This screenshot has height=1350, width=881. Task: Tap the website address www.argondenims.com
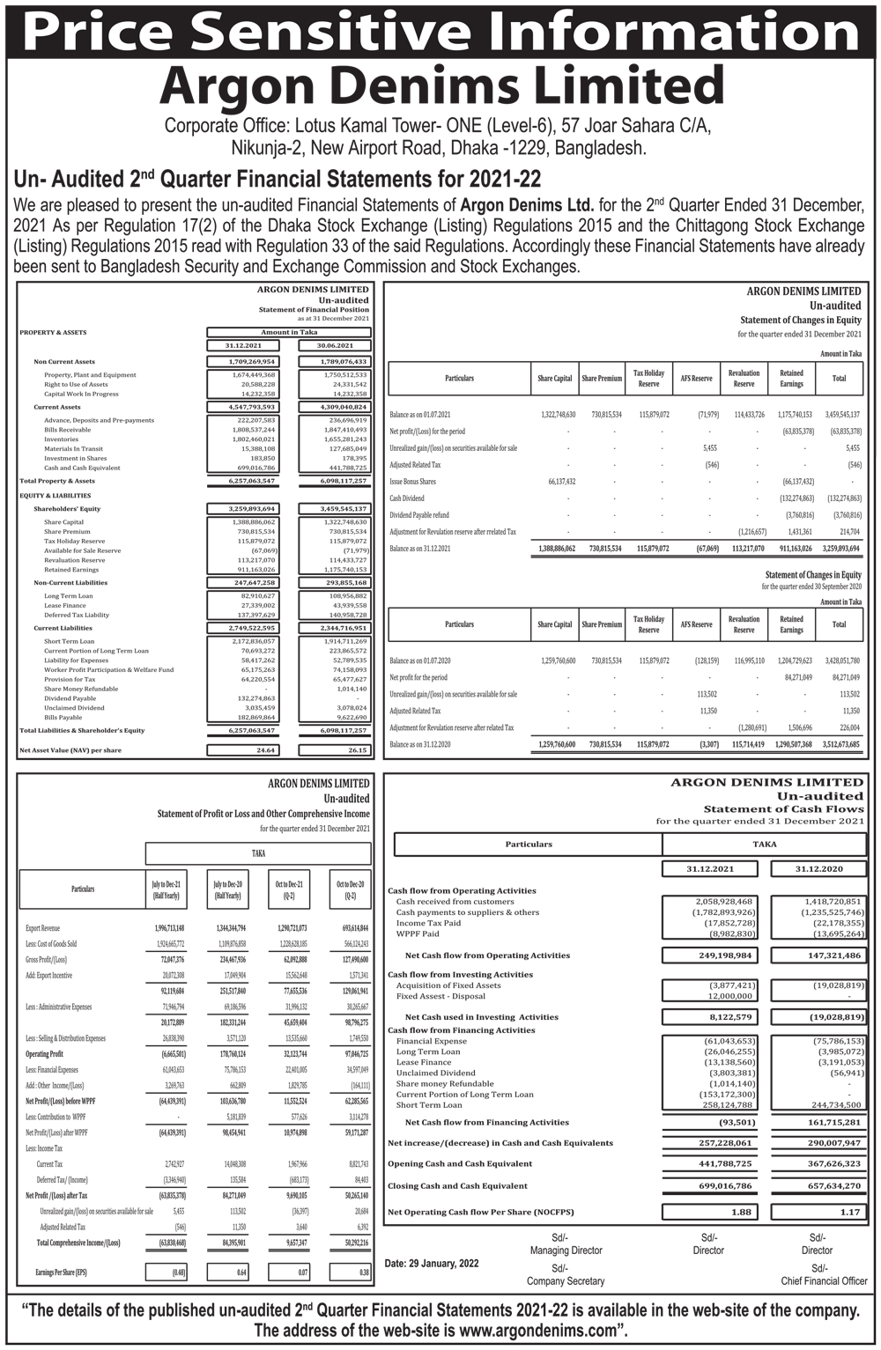click(538, 1330)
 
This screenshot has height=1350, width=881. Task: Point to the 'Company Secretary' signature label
click(566, 1280)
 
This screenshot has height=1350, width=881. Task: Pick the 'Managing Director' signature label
click(566, 1250)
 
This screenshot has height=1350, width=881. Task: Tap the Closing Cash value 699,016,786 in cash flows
click(719, 1186)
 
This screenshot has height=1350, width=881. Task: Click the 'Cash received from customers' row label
click(455, 902)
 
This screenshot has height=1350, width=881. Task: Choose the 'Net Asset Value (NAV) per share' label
click(70, 750)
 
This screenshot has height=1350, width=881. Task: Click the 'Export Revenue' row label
click(43, 928)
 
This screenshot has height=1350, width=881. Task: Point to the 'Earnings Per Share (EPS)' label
click(61, 1273)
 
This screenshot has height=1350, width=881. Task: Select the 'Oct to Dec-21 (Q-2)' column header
click(289, 889)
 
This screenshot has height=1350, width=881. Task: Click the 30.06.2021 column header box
click(334, 345)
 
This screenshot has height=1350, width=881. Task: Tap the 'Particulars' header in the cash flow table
click(528, 844)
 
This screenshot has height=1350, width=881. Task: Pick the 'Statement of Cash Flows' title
click(783, 808)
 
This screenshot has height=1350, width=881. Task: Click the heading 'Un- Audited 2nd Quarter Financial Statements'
click(278, 179)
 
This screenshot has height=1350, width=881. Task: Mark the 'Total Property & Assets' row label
click(57, 481)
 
